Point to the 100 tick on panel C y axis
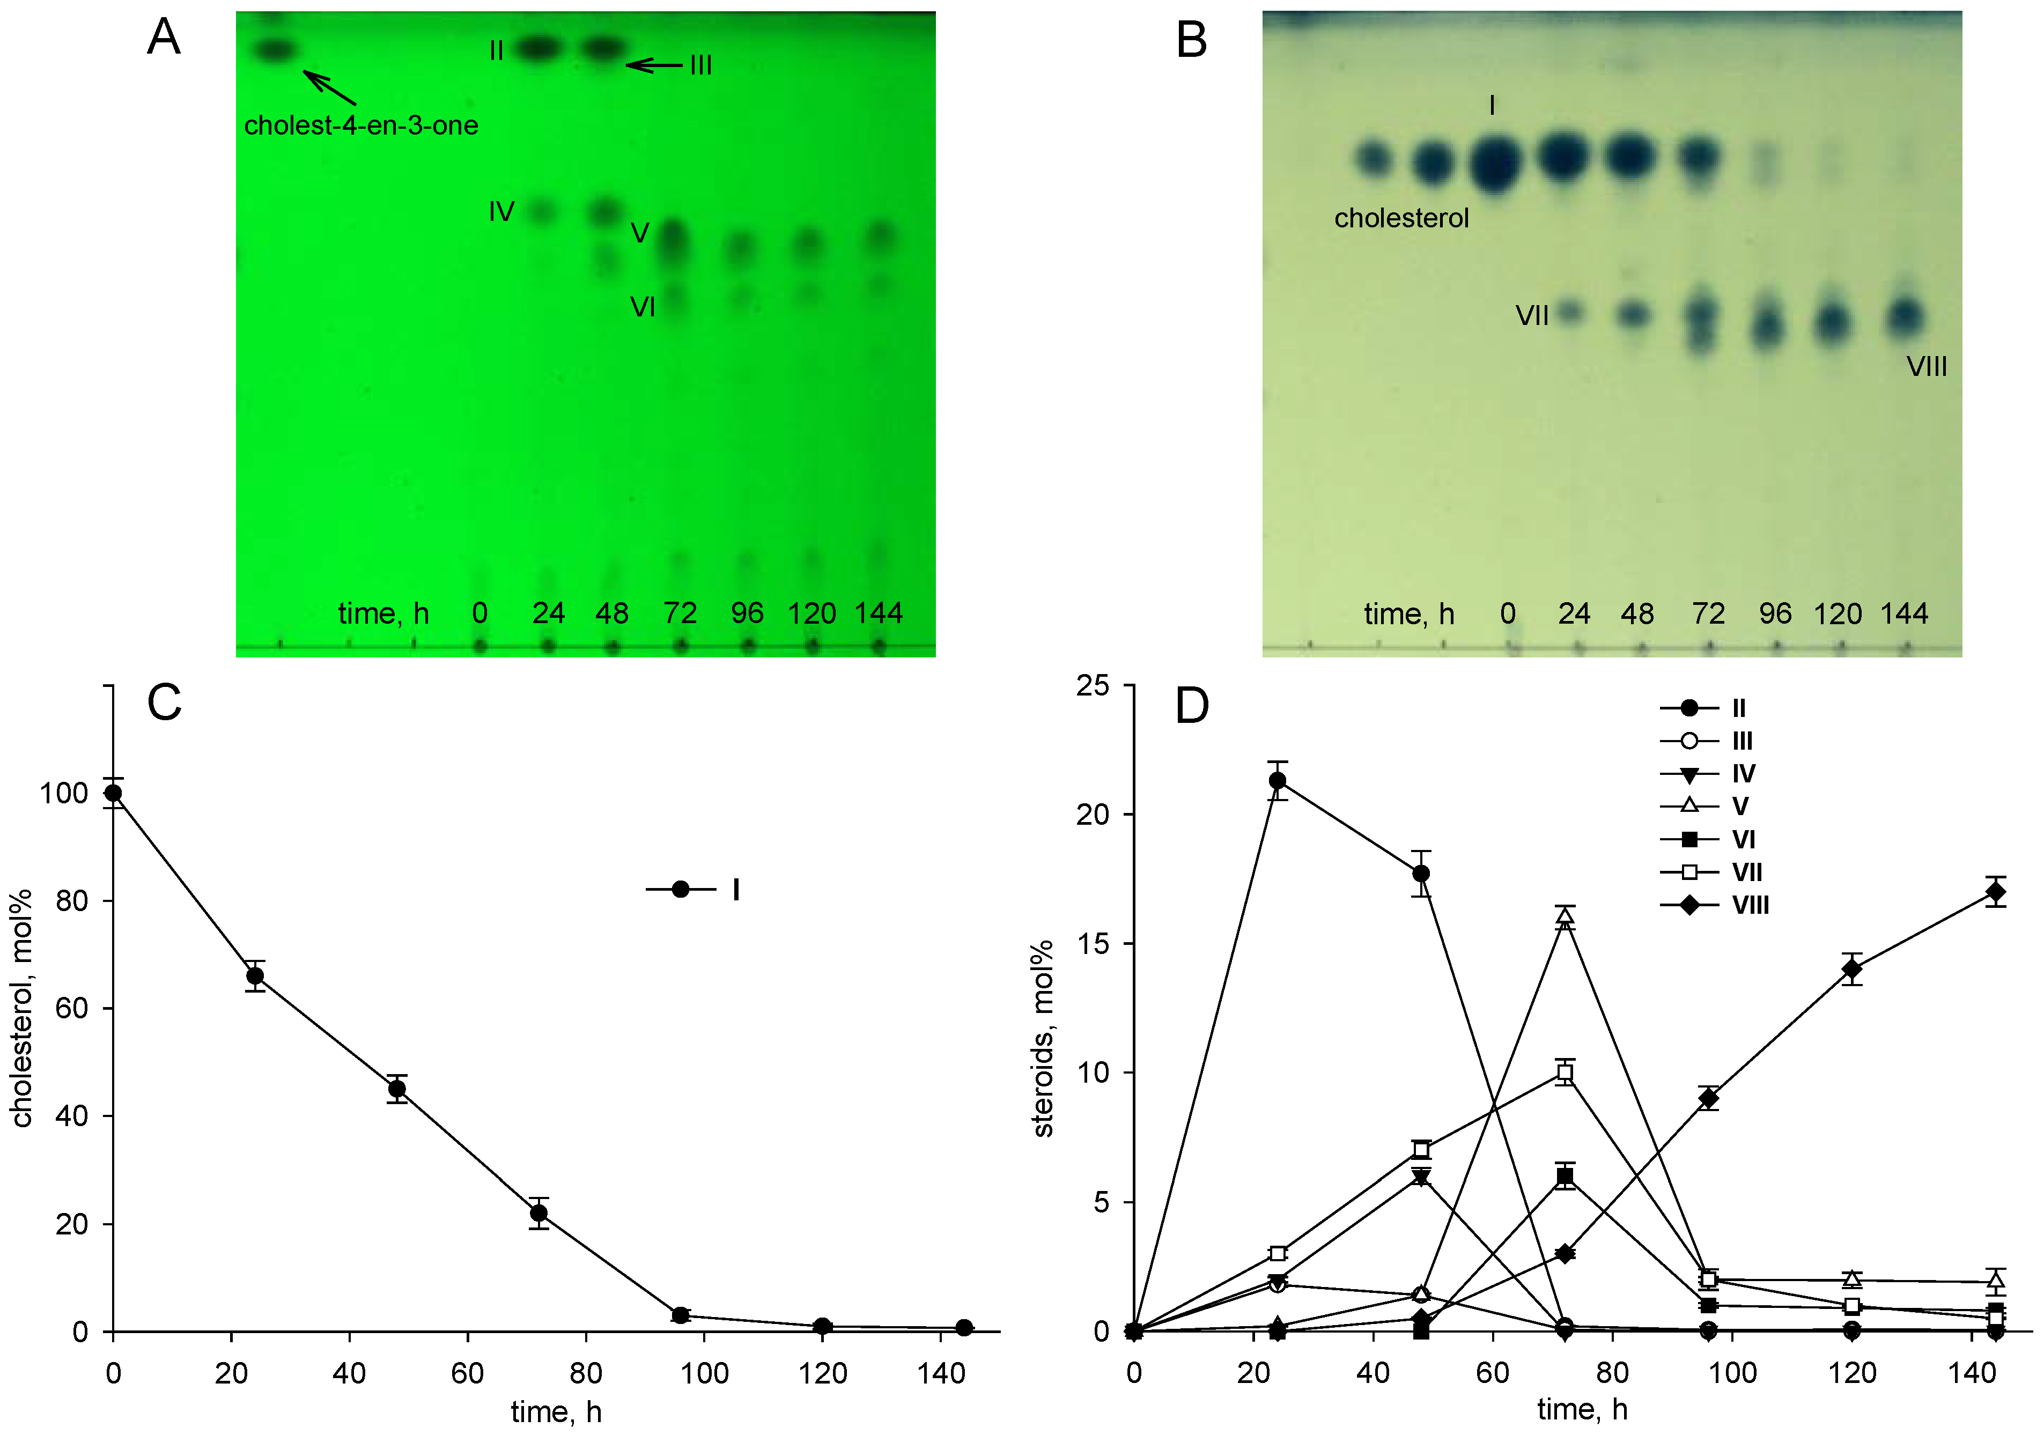coord(64,793)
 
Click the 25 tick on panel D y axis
coord(1093,685)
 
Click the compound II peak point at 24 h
coord(1276,781)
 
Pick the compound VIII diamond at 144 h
coord(1996,891)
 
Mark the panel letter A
coord(164,38)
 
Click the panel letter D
coord(1192,705)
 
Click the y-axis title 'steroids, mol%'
coord(1043,1038)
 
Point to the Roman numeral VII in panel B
coord(1532,315)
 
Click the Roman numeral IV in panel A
coord(501,212)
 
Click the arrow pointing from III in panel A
coord(654,65)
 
